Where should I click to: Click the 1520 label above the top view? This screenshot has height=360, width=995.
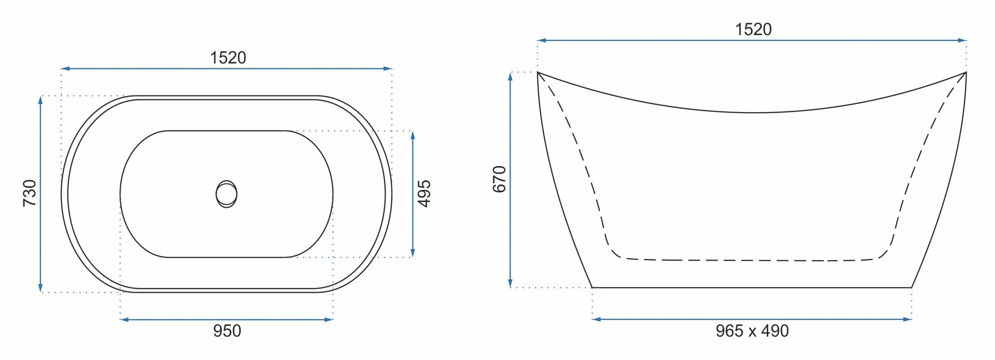click(x=228, y=58)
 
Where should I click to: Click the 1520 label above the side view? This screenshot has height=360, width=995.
click(x=753, y=29)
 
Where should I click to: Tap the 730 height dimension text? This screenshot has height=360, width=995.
click(x=30, y=193)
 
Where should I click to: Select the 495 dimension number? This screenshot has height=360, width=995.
click(x=424, y=193)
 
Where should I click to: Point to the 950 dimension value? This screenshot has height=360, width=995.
click(x=227, y=331)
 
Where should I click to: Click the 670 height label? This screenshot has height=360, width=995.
click(x=500, y=179)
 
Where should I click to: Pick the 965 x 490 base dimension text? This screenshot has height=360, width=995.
click(x=752, y=331)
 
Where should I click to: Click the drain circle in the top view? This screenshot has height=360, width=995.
click(x=226, y=194)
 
